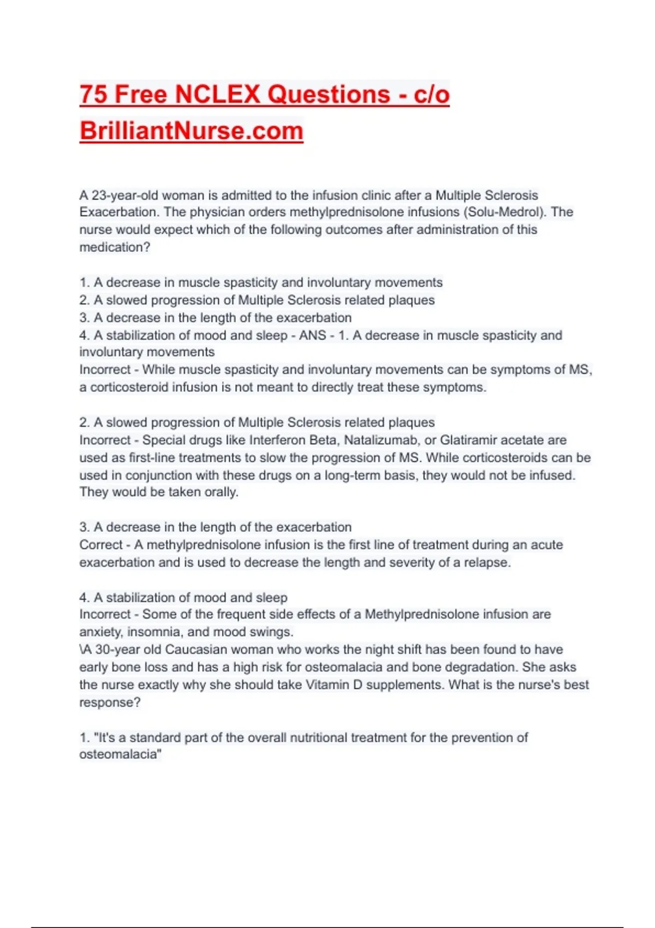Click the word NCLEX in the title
point(218,94)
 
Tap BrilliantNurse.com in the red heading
point(191,131)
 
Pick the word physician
point(219,212)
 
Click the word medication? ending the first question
point(115,247)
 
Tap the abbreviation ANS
point(312,335)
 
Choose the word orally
point(221,492)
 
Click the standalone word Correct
point(101,545)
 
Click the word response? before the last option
point(110,703)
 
